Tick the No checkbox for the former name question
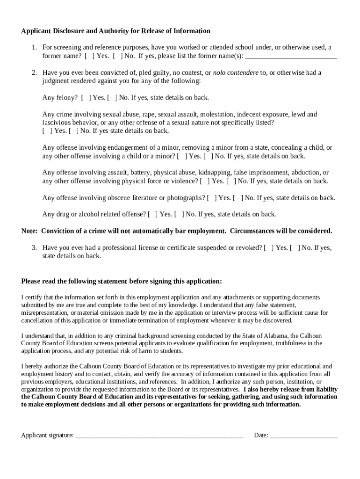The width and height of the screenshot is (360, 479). coord(118,56)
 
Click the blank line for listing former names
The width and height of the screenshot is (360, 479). coord(291,57)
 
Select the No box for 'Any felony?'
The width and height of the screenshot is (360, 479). coord(113,98)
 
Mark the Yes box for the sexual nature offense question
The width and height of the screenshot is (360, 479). coord(48,131)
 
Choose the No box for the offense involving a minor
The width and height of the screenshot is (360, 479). coord(209,156)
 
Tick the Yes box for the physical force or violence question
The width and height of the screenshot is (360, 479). coord(205,181)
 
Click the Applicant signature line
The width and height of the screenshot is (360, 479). coord(159,435)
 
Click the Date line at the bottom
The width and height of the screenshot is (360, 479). coord(303,435)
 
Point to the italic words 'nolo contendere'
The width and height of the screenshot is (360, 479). coord(236,73)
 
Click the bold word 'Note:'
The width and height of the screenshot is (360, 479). coord(30,231)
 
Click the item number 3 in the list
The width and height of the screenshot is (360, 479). coord(34,247)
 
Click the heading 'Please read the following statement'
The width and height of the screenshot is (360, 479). coord(75,281)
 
